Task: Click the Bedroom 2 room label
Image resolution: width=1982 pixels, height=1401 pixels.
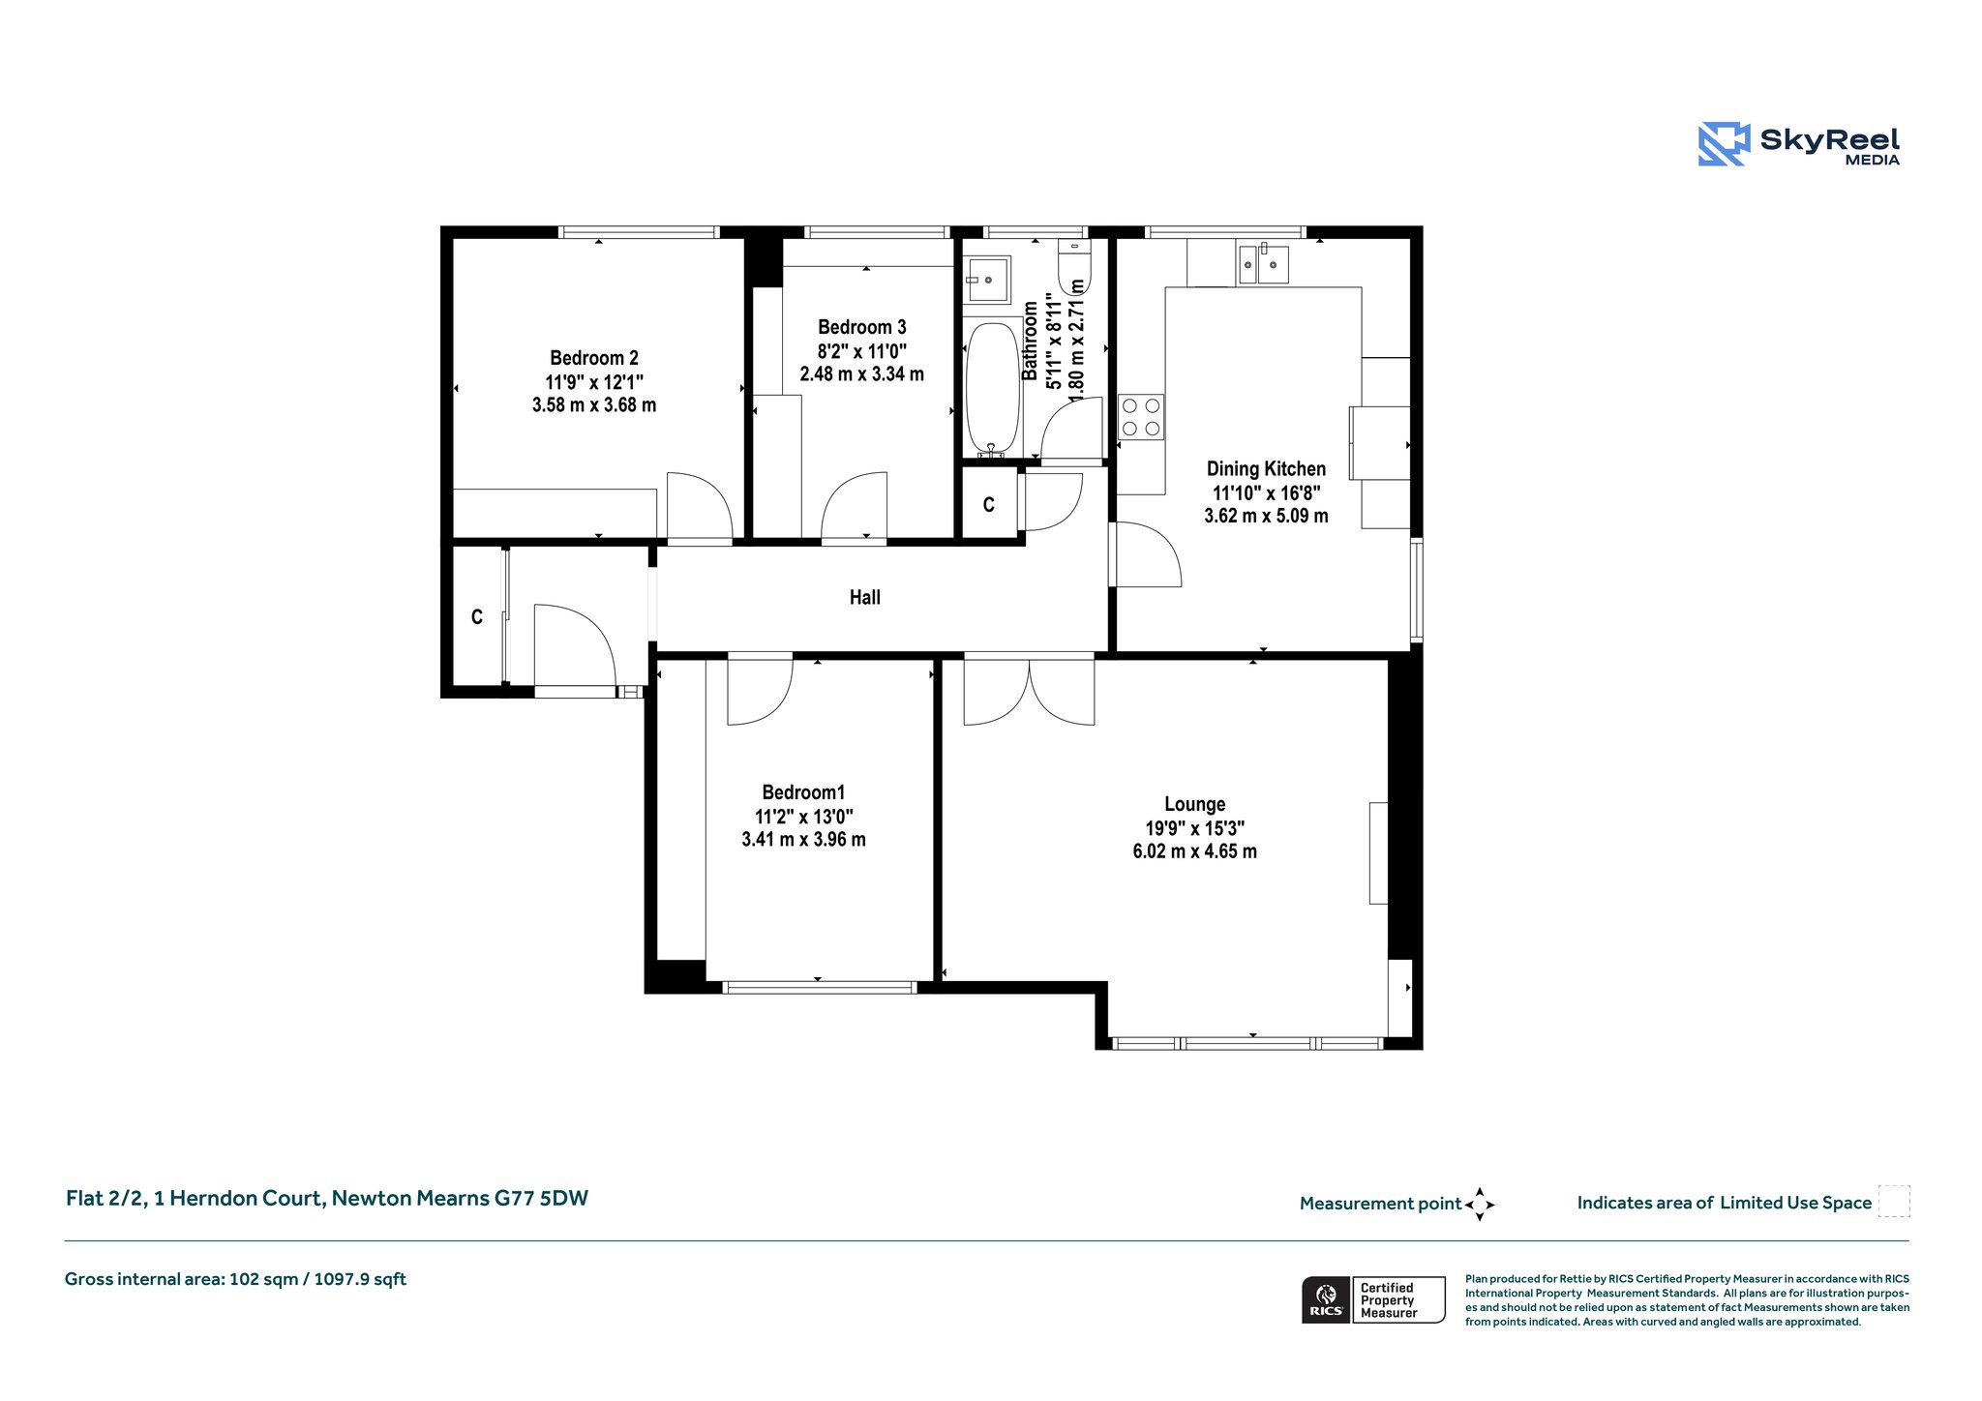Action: click(594, 358)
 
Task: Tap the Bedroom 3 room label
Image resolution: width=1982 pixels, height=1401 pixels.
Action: click(862, 327)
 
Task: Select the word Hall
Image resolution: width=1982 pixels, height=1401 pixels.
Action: click(865, 597)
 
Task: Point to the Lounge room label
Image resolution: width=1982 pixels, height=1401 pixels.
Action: click(1195, 804)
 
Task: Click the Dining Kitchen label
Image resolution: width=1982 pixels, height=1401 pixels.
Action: click(1266, 469)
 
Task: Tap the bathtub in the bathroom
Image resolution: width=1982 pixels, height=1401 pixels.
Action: click(992, 388)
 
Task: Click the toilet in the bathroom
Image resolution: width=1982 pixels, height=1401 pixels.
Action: click(1074, 267)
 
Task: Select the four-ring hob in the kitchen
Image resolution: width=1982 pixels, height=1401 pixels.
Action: click(1141, 417)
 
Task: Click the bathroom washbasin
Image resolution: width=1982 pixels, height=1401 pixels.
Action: click(987, 280)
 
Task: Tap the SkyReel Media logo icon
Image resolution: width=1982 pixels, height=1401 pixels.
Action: click(1724, 144)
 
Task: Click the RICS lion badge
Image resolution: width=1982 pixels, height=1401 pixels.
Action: click(1326, 1299)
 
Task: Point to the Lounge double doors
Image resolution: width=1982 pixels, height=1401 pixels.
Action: click(1030, 690)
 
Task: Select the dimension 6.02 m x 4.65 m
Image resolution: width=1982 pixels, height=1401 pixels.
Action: click(1195, 851)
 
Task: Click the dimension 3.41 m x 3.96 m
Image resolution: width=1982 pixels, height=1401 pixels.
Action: click(803, 840)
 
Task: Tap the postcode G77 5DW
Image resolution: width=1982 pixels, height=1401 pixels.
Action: click(541, 1198)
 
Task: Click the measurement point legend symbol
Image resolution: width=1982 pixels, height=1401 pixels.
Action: click(1480, 1205)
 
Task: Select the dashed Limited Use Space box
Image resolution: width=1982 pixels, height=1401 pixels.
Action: click(1894, 1201)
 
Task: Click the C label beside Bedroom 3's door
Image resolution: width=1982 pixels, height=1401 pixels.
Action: click(988, 505)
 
